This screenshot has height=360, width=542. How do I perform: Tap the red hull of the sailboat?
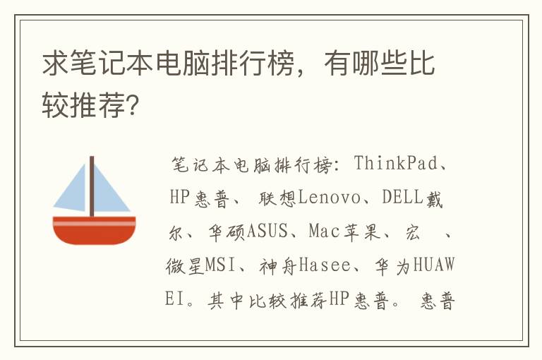coord(94,233)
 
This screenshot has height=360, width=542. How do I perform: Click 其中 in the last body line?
coord(224,300)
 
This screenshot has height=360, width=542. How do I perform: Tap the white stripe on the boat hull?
coord(94,222)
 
